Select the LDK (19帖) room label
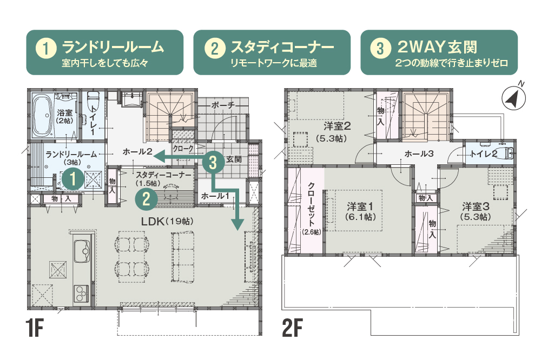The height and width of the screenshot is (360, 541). point(167,222)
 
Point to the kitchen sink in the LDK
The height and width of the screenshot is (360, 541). point(82,251)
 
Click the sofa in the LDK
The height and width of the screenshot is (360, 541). point(182,257)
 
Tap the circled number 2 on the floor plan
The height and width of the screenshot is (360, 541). point(146,199)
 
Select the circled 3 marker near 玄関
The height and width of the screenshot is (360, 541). point(213,162)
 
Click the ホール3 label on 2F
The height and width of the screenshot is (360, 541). point(419,154)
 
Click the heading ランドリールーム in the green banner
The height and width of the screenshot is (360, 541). point(113,47)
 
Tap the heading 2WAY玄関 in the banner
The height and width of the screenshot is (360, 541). point(437,47)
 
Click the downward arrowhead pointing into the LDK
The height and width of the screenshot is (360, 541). point(237,224)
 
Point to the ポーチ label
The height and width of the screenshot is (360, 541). point(223,105)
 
